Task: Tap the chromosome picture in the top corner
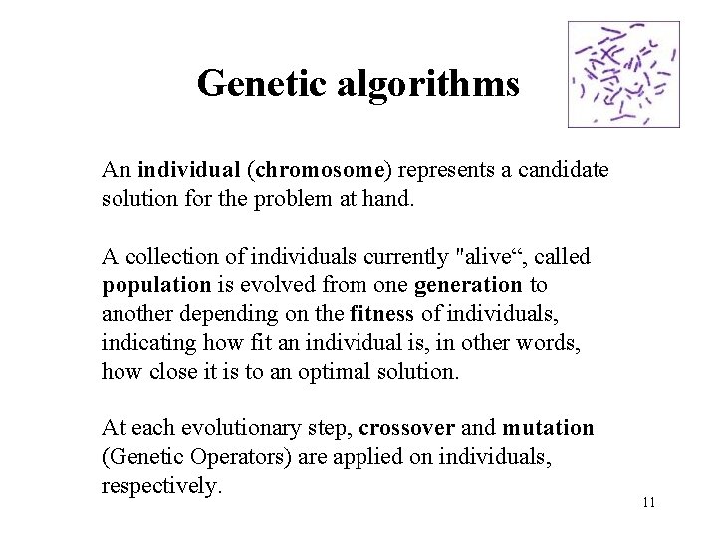(x=623, y=75)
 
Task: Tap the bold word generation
(x=468, y=285)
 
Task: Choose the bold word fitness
(x=381, y=314)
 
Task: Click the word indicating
(x=151, y=343)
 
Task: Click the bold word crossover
(x=407, y=429)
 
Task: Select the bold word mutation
(x=548, y=429)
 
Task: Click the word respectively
(x=160, y=486)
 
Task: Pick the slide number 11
(x=648, y=502)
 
